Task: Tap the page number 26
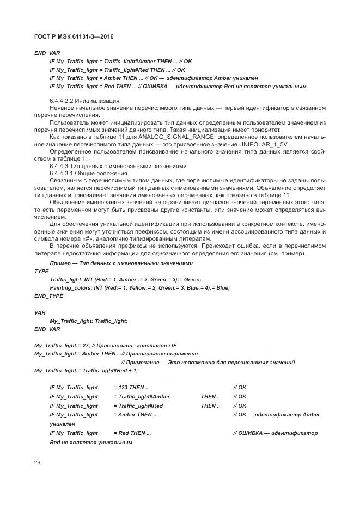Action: (37, 462)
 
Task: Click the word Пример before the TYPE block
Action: (60, 263)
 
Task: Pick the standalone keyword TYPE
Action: (41, 271)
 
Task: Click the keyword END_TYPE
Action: (48, 296)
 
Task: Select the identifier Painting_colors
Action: (70, 287)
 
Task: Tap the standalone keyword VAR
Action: (40, 313)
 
